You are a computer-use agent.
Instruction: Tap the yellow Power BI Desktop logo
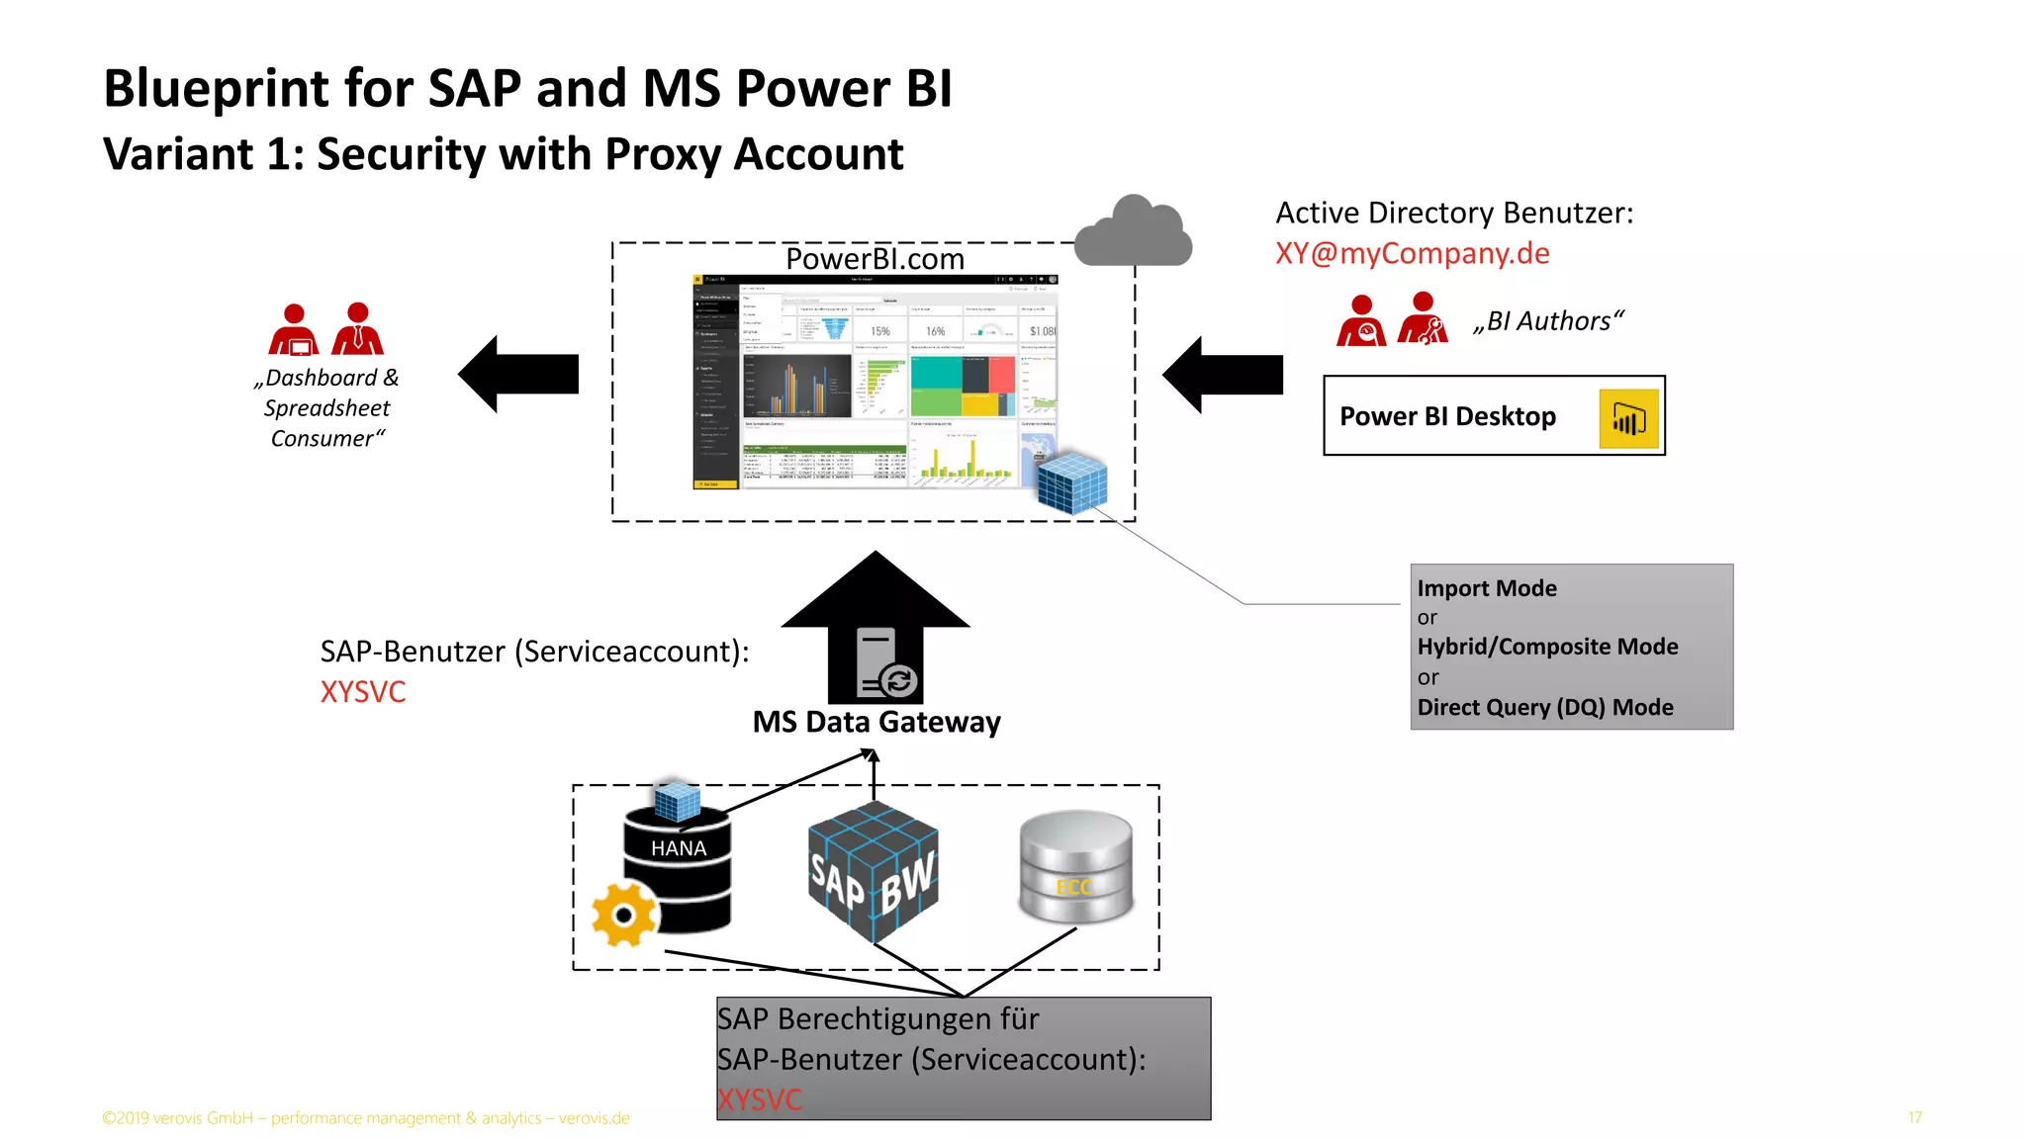pos(1628,419)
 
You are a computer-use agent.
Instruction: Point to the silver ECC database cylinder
pos(1076,867)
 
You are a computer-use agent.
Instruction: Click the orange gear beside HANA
pos(624,914)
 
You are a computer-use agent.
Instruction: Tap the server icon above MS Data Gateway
pos(883,663)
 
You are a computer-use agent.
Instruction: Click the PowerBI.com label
pos(875,259)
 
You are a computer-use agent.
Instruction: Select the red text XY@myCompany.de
pos(1412,254)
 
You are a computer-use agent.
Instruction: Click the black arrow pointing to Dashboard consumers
pos(518,374)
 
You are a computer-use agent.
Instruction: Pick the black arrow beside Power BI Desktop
pos(1223,375)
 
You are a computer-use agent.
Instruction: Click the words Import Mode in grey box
pos(1486,588)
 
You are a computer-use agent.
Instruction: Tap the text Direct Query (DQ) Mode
pos(1544,708)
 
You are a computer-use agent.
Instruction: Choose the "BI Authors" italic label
pos(1548,321)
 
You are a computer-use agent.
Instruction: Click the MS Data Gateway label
pos(876,722)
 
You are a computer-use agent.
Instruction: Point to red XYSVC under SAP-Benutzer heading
pos(363,692)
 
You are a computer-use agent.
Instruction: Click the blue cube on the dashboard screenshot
pos(1071,483)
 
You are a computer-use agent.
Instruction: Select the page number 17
pos(1914,1117)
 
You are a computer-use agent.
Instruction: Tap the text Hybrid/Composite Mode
pos(1547,647)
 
